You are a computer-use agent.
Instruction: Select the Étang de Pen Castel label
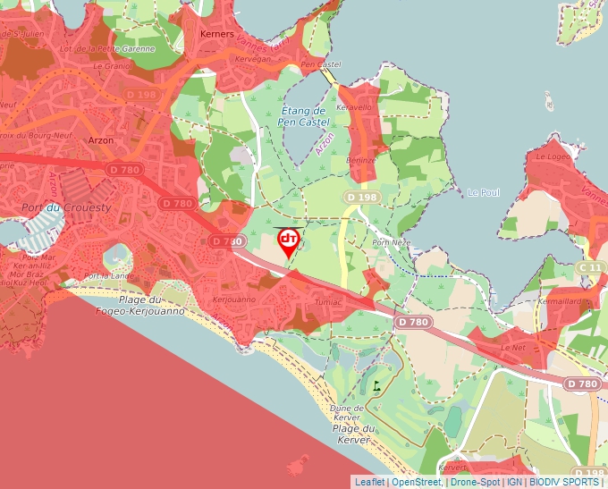point(303,114)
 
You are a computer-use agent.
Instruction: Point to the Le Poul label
point(483,192)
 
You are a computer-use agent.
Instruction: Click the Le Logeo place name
point(552,156)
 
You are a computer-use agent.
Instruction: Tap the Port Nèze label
point(390,242)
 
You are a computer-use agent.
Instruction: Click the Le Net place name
point(514,347)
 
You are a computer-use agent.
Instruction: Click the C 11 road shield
point(590,267)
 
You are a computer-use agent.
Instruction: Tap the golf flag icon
point(377,386)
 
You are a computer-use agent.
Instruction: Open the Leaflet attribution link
point(369,482)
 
